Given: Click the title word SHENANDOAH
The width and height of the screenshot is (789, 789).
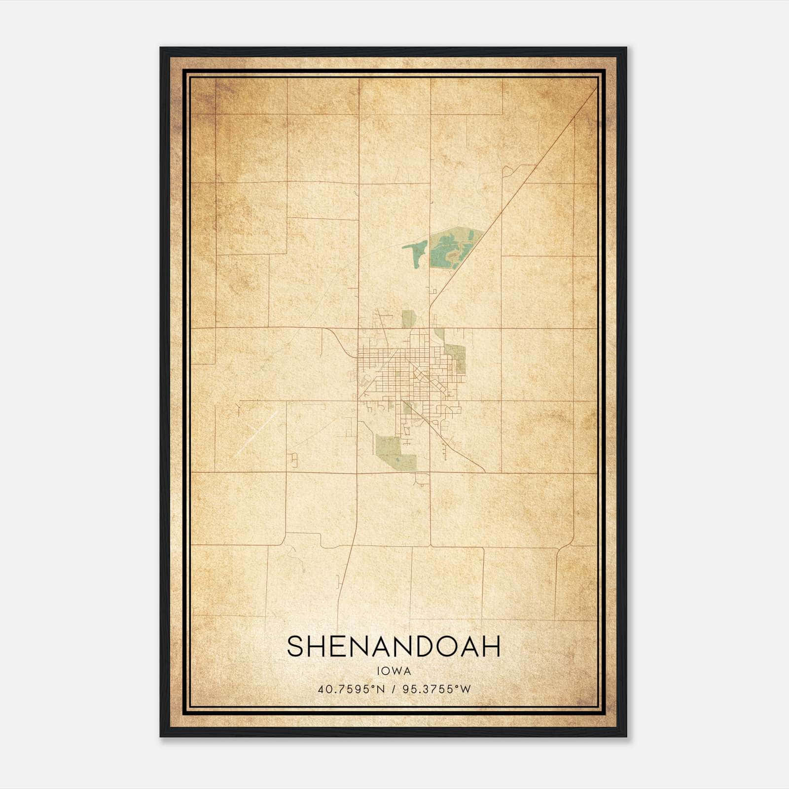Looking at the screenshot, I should [x=394, y=646].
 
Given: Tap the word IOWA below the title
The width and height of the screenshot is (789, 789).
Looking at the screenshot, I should [x=394, y=671].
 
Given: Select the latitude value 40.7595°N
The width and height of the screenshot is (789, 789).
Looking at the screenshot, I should [x=352, y=689].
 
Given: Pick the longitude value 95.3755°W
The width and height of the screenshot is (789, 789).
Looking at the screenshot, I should [x=437, y=689].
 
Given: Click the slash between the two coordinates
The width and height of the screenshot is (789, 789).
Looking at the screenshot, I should [x=394, y=689].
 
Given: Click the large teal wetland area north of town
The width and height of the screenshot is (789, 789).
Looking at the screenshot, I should [x=451, y=249].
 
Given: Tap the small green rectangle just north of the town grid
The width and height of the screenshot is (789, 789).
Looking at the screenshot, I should [x=407, y=319].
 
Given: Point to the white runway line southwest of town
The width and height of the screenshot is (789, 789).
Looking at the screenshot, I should [x=256, y=433].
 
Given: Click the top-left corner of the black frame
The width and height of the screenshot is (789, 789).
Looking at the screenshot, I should [x=161, y=48].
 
